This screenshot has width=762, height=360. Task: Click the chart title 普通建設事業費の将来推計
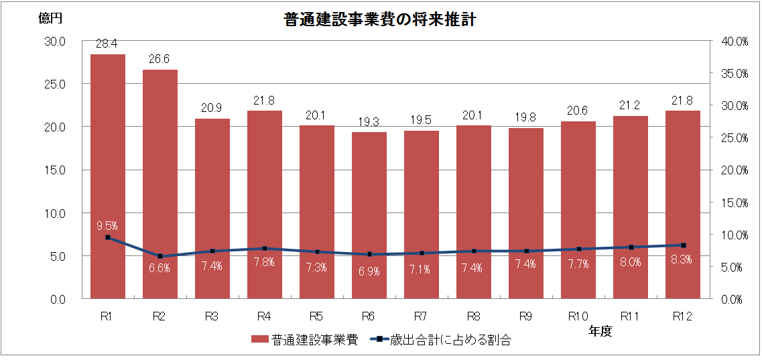click(380, 20)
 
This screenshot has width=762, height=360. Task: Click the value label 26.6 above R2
click(160, 60)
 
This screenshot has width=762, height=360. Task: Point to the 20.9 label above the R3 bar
click(212, 109)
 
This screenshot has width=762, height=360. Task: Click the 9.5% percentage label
click(107, 225)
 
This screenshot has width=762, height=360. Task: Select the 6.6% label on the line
click(160, 268)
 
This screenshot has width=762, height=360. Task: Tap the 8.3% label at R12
click(682, 262)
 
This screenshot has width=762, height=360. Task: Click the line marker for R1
click(108, 237)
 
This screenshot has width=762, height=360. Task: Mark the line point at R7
click(422, 253)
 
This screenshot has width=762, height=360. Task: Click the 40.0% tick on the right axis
click(734, 41)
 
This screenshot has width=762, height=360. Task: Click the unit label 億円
click(50, 19)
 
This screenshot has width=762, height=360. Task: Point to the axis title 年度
click(600, 331)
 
